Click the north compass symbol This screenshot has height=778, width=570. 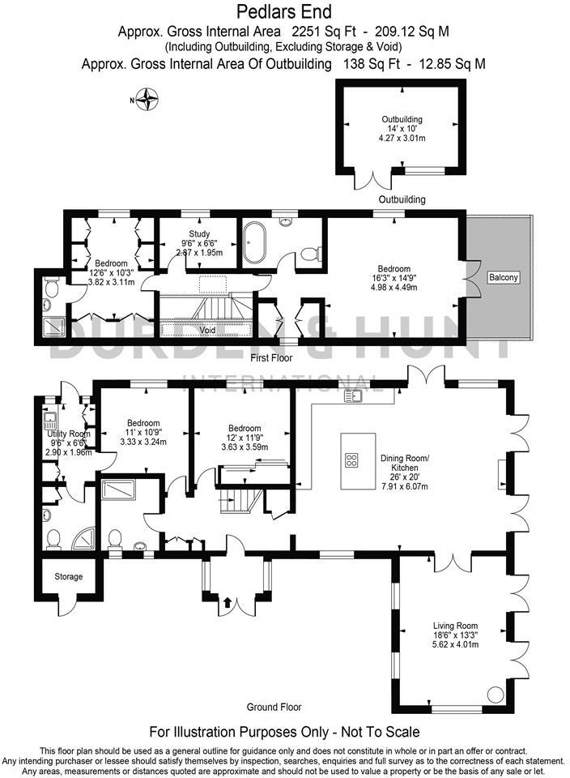pos(147,101)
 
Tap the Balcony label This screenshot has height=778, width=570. pos(503,278)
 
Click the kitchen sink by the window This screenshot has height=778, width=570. pos(354,395)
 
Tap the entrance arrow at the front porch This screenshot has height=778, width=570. pos(228,602)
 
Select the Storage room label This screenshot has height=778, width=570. pos(69,577)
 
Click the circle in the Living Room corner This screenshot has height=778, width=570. pos(494,695)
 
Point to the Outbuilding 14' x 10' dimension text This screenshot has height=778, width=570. pos(402,129)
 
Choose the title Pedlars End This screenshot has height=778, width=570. pos(284,11)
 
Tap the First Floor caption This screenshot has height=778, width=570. pos(271,357)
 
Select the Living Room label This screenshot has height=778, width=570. pos(455,626)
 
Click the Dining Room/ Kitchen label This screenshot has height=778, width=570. pos(405,463)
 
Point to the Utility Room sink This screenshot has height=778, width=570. pos(49,421)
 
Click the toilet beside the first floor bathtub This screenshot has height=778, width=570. pos(309,255)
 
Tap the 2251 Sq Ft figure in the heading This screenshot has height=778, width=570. pos(330,32)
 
